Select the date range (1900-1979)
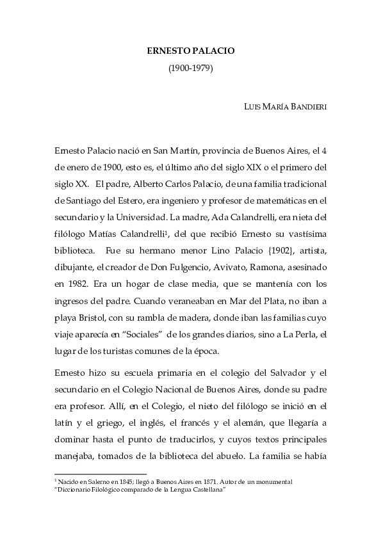[190, 67]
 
